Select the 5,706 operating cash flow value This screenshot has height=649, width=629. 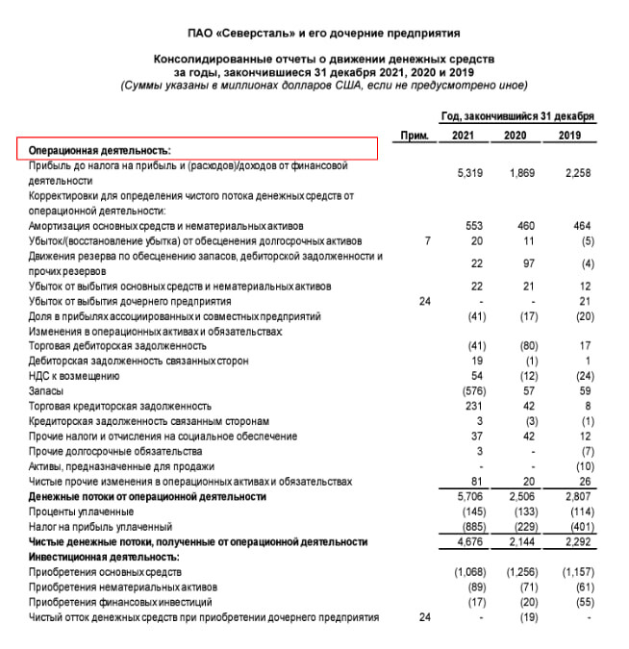(x=468, y=498)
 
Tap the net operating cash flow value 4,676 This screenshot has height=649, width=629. (x=468, y=542)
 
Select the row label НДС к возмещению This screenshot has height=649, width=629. (x=74, y=376)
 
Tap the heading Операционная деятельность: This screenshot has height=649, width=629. (x=99, y=151)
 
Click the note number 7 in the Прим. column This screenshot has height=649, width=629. (x=426, y=240)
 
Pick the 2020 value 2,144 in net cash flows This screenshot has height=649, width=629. (x=520, y=542)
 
